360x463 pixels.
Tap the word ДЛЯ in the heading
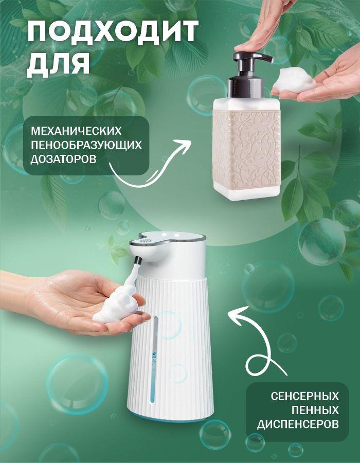tap(59, 63)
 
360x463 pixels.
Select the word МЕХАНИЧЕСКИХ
tap(76, 131)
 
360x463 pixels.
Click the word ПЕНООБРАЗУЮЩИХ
tap(86, 145)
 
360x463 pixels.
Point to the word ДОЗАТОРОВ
tap(63, 159)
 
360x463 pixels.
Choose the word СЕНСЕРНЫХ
tap(305, 396)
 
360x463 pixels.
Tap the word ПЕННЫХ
tap(315, 411)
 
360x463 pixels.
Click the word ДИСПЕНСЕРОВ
tap(298, 424)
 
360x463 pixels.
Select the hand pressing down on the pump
tap(263, 27)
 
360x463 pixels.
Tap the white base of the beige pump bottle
tap(246, 192)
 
